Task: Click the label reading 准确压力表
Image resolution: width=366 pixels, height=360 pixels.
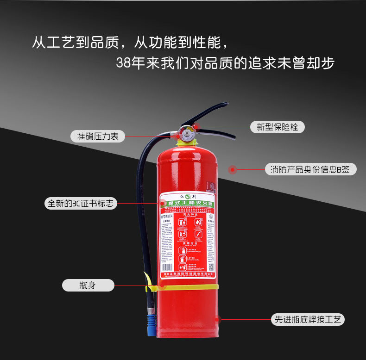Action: coord(98,136)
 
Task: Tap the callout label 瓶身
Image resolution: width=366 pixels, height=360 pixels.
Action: coord(88,285)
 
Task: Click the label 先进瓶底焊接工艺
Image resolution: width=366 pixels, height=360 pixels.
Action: coord(308,319)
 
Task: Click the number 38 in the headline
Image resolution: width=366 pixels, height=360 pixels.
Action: coord(123,63)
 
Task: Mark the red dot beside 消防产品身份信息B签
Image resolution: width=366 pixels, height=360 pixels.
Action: coord(233,170)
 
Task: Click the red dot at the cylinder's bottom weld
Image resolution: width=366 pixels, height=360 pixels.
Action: coord(218,319)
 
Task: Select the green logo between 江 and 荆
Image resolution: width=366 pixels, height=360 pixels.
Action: coord(187,196)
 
